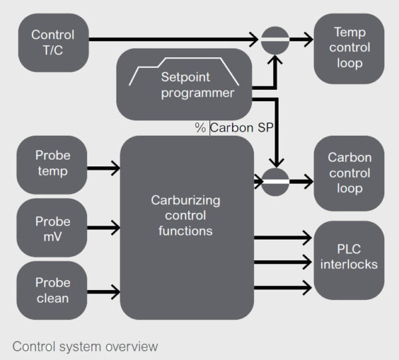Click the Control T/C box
pyautogui.click(x=53, y=42)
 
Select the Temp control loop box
pyautogui.click(x=348, y=48)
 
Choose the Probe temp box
pyautogui.click(x=53, y=163)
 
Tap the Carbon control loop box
pyautogui.click(x=348, y=174)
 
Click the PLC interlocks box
pyautogui.click(x=348, y=258)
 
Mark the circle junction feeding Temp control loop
pyautogui.click(x=275, y=40)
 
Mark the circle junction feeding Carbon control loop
pyautogui.click(x=275, y=180)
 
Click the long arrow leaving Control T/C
pyautogui.click(x=173, y=39)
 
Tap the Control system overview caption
pyautogui.click(x=85, y=346)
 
